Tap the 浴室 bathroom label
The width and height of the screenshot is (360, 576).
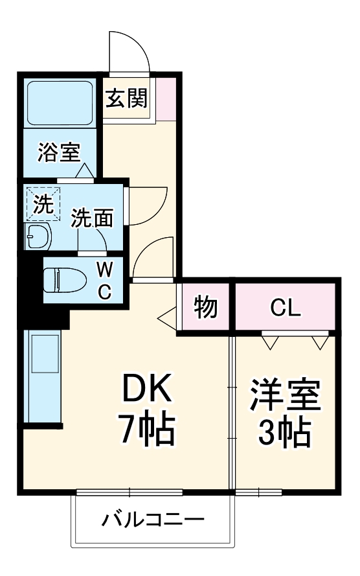tap(58, 153)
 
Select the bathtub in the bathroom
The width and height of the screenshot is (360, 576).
tap(59, 102)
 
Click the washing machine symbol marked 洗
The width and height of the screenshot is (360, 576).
tap(43, 203)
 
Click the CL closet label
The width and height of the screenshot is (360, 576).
tap(286, 308)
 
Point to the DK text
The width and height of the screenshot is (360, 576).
tap(147, 389)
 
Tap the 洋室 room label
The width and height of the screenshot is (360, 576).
tap(285, 396)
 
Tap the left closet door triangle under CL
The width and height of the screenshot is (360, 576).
tap(270, 340)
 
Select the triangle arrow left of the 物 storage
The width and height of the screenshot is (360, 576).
tap(166, 317)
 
